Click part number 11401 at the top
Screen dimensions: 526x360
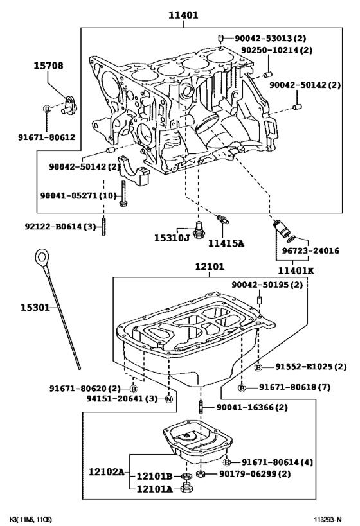pyautogui.click(x=183, y=14)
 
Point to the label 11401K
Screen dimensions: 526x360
pyautogui.click(x=296, y=270)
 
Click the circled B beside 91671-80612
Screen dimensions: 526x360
pyautogui.click(x=47, y=109)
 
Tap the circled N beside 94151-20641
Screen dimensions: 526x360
pyautogui.click(x=168, y=399)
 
